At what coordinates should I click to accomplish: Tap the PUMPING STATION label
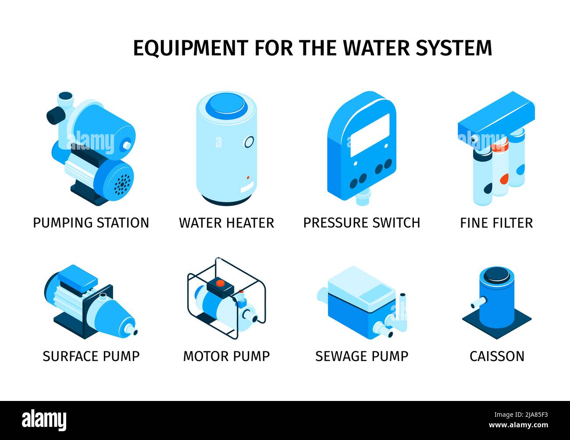pyautogui.click(x=91, y=222)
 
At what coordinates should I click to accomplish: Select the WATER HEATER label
pyautogui.click(x=226, y=222)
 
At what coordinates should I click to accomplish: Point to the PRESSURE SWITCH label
pyautogui.click(x=362, y=222)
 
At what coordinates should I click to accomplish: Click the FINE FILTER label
pyautogui.click(x=496, y=222)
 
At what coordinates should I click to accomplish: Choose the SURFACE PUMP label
pyautogui.click(x=91, y=356)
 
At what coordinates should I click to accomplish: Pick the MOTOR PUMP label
pyautogui.click(x=226, y=356)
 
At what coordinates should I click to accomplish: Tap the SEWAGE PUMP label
pyautogui.click(x=362, y=356)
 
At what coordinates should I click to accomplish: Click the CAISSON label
pyautogui.click(x=497, y=356)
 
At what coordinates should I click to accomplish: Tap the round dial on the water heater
pyautogui.click(x=249, y=142)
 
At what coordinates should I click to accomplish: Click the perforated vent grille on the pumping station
pyautogui.click(x=122, y=183)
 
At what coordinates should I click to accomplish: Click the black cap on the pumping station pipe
pyautogui.click(x=54, y=115)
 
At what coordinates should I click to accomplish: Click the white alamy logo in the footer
pyautogui.click(x=44, y=420)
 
